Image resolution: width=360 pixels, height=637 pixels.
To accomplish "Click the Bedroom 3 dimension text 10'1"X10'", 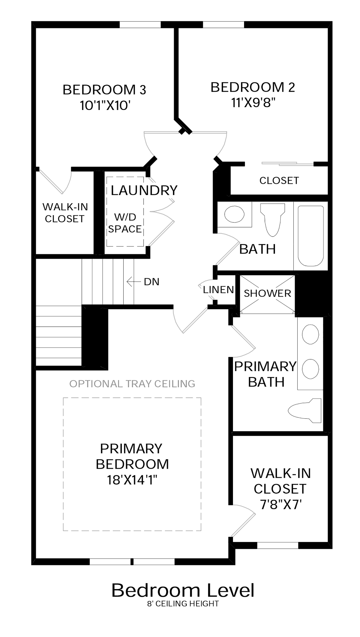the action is click(105, 106).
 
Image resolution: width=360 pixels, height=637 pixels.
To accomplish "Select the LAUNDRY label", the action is click(144, 190).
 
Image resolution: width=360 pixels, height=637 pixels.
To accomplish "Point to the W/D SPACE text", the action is click(125, 223).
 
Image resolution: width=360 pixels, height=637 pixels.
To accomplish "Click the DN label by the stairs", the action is click(152, 282).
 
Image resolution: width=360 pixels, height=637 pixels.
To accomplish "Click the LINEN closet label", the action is click(218, 290).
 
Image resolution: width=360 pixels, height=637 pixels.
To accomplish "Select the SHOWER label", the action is click(267, 293).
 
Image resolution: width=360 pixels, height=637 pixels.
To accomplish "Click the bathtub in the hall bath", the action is click(311, 236).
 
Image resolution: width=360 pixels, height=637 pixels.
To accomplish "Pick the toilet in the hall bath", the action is click(273, 219).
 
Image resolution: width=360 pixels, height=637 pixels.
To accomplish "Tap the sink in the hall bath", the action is click(234, 214).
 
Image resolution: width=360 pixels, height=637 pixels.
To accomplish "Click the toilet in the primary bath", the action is click(305, 410).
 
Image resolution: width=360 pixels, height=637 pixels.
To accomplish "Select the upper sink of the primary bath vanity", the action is click(310, 334).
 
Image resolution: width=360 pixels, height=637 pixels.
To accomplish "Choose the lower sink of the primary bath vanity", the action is click(310, 369).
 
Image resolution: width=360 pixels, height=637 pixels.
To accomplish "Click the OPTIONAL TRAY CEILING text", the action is click(132, 384).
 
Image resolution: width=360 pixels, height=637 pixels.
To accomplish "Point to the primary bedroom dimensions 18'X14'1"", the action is click(132, 480).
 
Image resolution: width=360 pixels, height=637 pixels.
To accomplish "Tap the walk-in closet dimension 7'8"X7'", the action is click(281, 505).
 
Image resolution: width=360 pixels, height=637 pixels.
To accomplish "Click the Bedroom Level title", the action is click(183, 590).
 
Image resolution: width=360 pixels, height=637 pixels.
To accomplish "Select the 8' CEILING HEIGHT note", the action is click(183, 604).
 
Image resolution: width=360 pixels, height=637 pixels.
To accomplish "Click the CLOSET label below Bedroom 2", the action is click(279, 181).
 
